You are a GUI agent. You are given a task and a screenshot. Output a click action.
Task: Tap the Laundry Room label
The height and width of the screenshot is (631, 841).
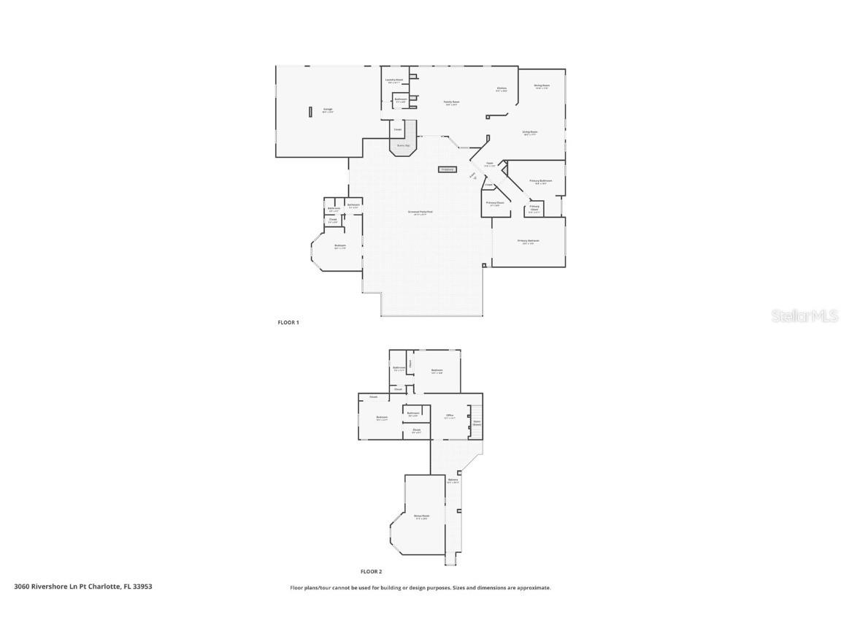point(394,80)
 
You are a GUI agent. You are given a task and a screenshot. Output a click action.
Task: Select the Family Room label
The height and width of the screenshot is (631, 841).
point(452,103)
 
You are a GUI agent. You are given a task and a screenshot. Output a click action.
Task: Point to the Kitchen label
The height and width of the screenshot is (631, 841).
point(502,89)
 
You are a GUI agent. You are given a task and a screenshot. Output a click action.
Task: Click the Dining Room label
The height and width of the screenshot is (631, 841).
point(541,86)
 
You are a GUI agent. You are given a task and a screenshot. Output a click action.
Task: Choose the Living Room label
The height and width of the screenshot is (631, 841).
point(529,133)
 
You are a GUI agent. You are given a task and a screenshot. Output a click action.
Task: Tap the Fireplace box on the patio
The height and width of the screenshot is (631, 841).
point(447,169)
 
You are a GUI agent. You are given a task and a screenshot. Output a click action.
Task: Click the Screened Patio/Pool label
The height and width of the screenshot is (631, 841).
point(420,213)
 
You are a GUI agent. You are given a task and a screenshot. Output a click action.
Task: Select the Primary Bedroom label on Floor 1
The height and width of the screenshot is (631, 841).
point(528,241)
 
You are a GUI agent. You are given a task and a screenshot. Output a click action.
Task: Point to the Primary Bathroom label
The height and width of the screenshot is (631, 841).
point(540,181)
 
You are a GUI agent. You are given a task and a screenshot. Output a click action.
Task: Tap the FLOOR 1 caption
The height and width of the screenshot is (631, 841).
point(288,322)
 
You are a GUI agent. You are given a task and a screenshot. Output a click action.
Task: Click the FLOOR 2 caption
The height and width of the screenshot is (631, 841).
point(371,572)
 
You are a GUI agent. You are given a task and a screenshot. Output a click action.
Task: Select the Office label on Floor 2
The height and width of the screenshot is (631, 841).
point(450,416)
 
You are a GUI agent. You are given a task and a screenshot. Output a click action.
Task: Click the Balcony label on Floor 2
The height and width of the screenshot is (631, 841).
point(453,481)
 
